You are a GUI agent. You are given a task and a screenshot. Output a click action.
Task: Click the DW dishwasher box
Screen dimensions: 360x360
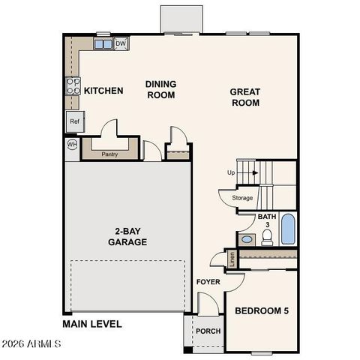point(121,43)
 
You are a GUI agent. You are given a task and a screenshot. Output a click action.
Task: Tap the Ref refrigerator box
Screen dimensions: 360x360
point(74,121)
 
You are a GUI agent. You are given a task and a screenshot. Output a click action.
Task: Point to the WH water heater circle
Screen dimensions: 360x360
point(72,144)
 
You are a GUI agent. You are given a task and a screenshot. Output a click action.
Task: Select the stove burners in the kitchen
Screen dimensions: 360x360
point(73,85)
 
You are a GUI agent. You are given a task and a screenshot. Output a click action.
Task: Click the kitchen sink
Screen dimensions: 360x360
point(103,44)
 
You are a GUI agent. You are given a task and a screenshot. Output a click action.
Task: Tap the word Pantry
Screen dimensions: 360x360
point(109,154)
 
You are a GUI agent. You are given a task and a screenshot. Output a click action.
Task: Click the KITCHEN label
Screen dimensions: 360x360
point(103,91)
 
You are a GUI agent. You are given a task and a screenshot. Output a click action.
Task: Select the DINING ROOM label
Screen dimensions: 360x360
point(160,90)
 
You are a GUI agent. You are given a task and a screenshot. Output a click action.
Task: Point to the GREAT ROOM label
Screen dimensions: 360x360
point(245,97)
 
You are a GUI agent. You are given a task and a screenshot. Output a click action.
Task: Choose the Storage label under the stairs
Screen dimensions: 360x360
point(242,198)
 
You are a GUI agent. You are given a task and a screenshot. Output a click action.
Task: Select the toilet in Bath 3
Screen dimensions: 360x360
point(266,238)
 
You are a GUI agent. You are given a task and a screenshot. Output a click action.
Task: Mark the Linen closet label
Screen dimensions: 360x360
point(232,259)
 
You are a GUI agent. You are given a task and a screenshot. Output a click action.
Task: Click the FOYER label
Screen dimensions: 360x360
point(207,282)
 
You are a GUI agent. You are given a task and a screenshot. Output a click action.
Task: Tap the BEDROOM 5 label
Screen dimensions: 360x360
point(262,310)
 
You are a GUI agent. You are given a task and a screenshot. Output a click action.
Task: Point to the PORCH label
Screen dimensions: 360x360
point(207,331)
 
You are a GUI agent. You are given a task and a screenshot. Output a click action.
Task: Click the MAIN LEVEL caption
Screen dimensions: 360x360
point(92,325)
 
